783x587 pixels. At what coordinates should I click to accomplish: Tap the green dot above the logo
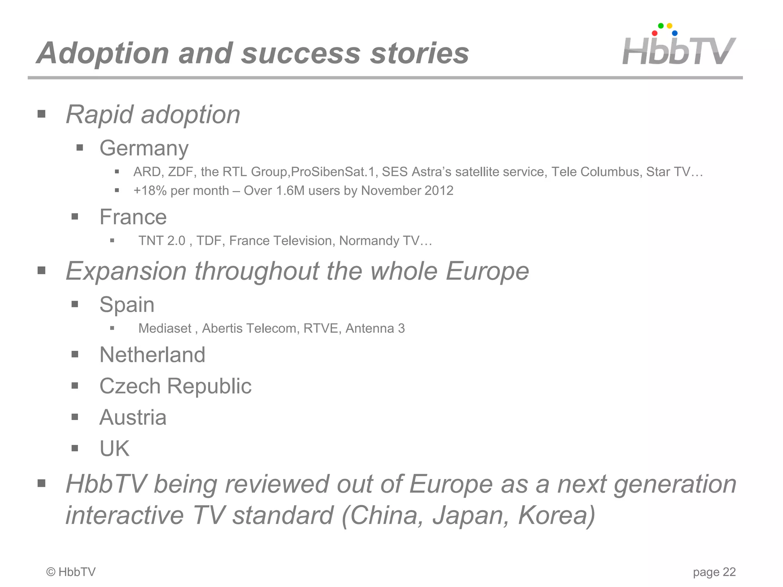pyautogui.click(x=661, y=26)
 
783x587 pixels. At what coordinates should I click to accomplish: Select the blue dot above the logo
pyautogui.click(x=675, y=33)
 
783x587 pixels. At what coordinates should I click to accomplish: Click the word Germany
pyautogui.click(x=144, y=148)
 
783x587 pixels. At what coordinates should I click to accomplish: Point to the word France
pyautogui.click(x=133, y=217)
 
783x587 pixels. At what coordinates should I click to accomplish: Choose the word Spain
pyautogui.click(x=127, y=305)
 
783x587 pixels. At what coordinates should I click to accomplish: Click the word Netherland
pyautogui.click(x=152, y=355)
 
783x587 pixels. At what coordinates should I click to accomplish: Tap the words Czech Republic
pyautogui.click(x=175, y=386)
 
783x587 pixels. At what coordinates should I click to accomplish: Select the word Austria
pyautogui.click(x=133, y=417)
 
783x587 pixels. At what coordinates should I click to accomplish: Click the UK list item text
pyautogui.click(x=114, y=449)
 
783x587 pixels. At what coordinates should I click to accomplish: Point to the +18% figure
pyautogui.click(x=150, y=191)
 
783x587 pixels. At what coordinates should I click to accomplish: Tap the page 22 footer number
pyautogui.click(x=714, y=572)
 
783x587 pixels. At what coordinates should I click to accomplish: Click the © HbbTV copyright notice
pyautogui.click(x=71, y=572)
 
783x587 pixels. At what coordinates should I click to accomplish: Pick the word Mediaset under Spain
pyautogui.click(x=165, y=328)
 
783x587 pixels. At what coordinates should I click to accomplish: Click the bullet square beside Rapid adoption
pyautogui.click(x=42, y=114)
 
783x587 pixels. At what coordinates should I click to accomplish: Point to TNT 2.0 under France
pyautogui.click(x=162, y=241)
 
